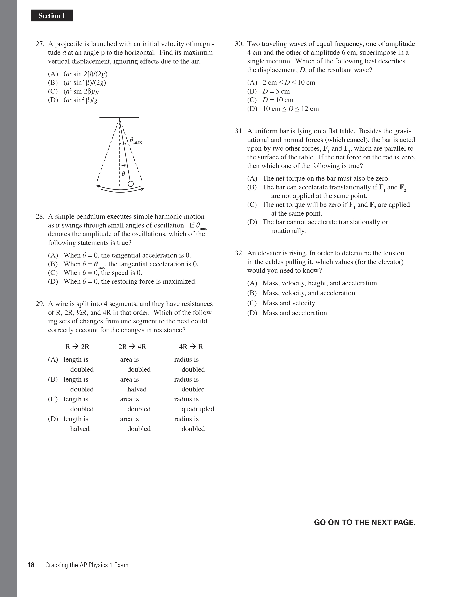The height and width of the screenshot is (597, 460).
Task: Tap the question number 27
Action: (40, 44)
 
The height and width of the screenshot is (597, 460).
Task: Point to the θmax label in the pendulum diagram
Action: (136, 141)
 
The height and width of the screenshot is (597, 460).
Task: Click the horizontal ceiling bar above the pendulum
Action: (119, 117)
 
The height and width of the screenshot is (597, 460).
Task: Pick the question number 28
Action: (40, 217)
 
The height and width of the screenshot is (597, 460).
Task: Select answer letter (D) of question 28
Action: (53, 281)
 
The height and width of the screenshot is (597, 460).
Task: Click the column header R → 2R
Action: (77, 347)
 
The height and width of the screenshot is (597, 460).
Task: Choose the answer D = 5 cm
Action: (276, 91)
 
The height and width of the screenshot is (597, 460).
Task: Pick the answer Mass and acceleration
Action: (294, 313)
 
